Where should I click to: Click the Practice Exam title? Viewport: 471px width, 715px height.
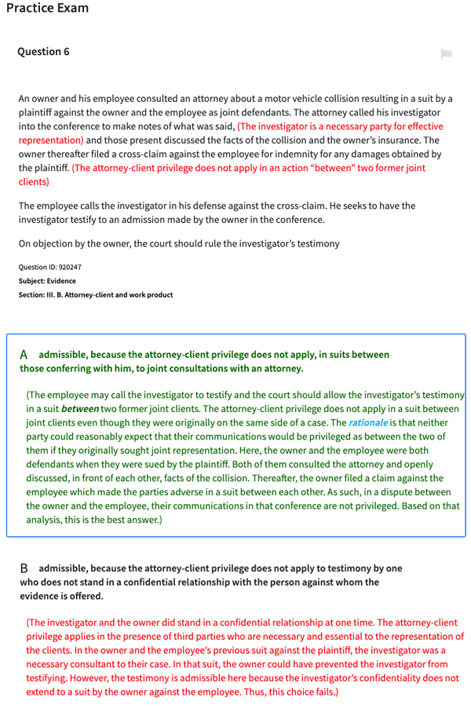(x=46, y=9)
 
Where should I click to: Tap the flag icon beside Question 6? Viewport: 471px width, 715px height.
(x=446, y=53)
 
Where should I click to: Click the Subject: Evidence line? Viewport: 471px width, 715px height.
(x=47, y=281)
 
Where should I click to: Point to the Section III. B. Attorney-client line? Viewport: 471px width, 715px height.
(x=95, y=295)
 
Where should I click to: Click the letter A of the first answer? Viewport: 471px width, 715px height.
(x=24, y=355)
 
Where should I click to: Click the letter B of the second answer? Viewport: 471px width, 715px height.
(x=24, y=567)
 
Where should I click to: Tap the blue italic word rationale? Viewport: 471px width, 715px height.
(x=368, y=422)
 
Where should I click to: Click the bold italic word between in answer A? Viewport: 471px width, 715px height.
(x=79, y=409)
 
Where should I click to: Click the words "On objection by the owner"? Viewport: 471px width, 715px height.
(x=75, y=243)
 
